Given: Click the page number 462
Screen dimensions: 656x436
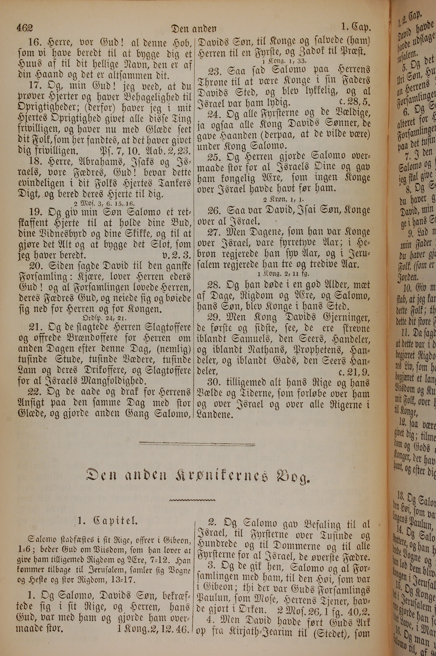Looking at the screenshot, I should [25, 28].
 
